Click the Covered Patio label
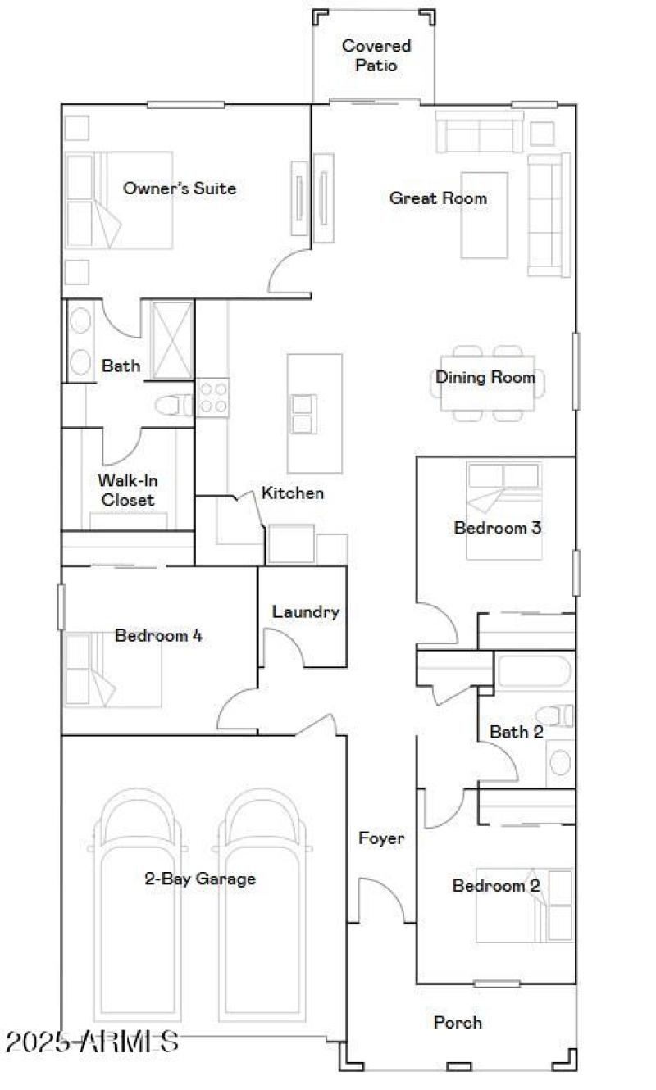click(376, 56)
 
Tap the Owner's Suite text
click(180, 188)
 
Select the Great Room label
click(438, 198)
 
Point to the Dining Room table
click(488, 383)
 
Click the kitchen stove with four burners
click(212, 397)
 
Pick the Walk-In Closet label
click(126, 490)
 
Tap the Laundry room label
click(305, 612)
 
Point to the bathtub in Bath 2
click(533, 672)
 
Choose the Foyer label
click(381, 838)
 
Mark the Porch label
click(458, 1022)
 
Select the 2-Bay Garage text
click(200, 879)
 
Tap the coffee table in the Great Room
click(485, 215)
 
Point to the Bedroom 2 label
click(496, 886)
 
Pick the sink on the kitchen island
click(303, 414)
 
